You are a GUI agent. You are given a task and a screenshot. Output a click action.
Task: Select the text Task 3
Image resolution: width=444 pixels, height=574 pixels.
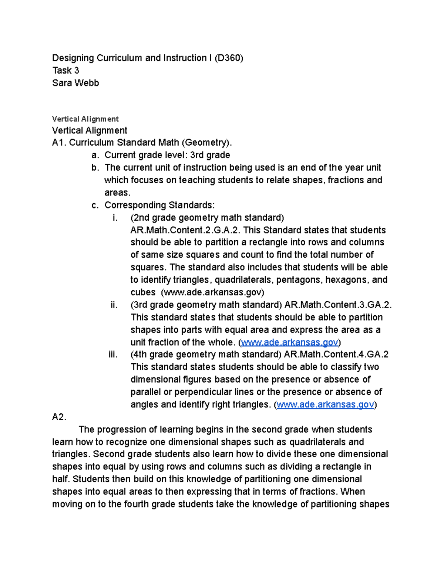(65, 70)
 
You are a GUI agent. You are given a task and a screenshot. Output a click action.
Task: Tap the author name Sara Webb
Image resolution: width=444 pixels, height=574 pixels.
(75, 83)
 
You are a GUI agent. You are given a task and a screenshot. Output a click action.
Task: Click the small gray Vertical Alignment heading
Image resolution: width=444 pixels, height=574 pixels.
(85, 119)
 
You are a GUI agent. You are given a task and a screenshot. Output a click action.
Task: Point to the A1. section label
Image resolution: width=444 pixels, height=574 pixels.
(59, 142)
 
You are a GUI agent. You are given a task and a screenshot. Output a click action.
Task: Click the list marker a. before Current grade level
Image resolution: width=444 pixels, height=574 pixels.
(95, 155)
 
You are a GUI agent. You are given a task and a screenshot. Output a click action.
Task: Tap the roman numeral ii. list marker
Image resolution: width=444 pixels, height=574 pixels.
(114, 305)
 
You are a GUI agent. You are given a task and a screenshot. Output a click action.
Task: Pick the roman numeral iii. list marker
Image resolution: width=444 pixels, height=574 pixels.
(113, 354)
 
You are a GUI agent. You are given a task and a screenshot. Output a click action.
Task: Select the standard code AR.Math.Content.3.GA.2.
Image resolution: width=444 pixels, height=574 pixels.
(338, 305)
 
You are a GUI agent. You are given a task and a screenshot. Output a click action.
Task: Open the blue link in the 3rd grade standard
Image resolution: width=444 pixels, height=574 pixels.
(289, 343)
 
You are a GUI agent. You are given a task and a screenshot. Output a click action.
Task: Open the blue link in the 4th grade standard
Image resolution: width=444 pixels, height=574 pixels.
(325, 405)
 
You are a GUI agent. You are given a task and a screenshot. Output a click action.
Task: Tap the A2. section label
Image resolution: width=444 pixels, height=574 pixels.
(59, 417)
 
